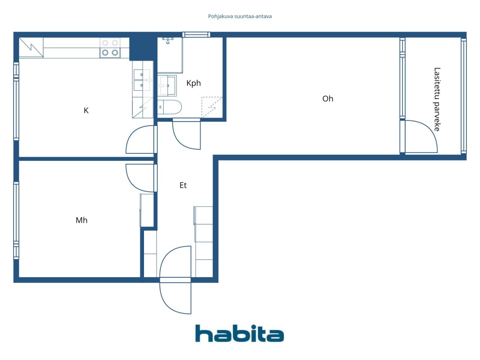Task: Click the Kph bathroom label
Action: [193, 83]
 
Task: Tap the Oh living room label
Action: [328, 99]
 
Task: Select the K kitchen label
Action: [86, 111]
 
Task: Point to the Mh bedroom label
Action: [82, 220]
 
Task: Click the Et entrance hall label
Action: [183, 185]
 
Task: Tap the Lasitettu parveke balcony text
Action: [437, 99]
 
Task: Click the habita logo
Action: [240, 333]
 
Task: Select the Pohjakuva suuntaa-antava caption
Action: [240, 16]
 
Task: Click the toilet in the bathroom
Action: [169, 107]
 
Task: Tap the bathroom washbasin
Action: [167, 85]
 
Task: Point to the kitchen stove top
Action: [110, 48]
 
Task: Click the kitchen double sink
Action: [142, 80]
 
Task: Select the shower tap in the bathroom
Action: [168, 40]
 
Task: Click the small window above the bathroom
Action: [196, 34]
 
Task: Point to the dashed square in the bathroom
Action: [211, 107]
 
